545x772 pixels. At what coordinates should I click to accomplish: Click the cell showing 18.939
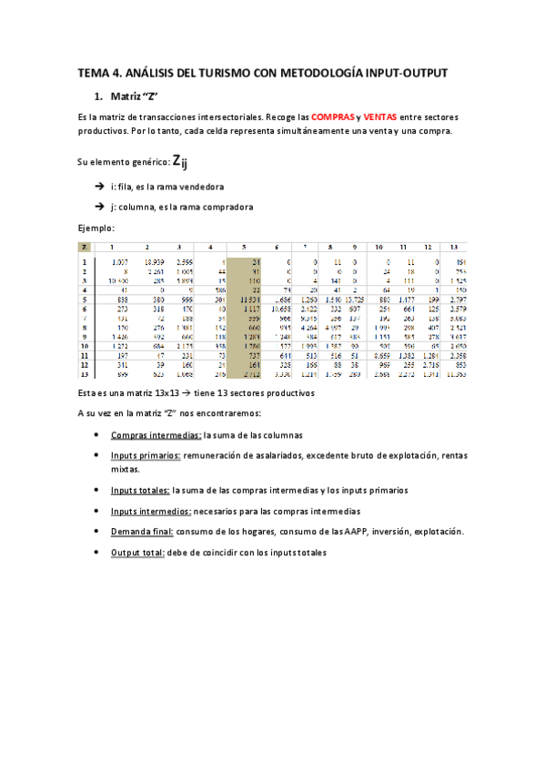click(153, 261)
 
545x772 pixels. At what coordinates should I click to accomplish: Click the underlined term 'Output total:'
click(137, 552)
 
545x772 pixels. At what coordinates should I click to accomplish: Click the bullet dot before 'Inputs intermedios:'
click(97, 511)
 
